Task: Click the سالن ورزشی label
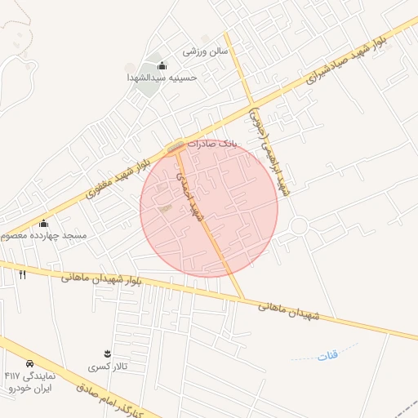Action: tap(205, 51)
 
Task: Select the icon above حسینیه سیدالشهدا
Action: tap(162, 65)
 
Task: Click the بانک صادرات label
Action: tap(210, 143)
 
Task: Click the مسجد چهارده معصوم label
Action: tap(43, 235)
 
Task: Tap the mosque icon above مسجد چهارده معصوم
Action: tap(43, 224)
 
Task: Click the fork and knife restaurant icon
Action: tap(22, 274)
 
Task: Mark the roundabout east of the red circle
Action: tap(299, 226)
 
